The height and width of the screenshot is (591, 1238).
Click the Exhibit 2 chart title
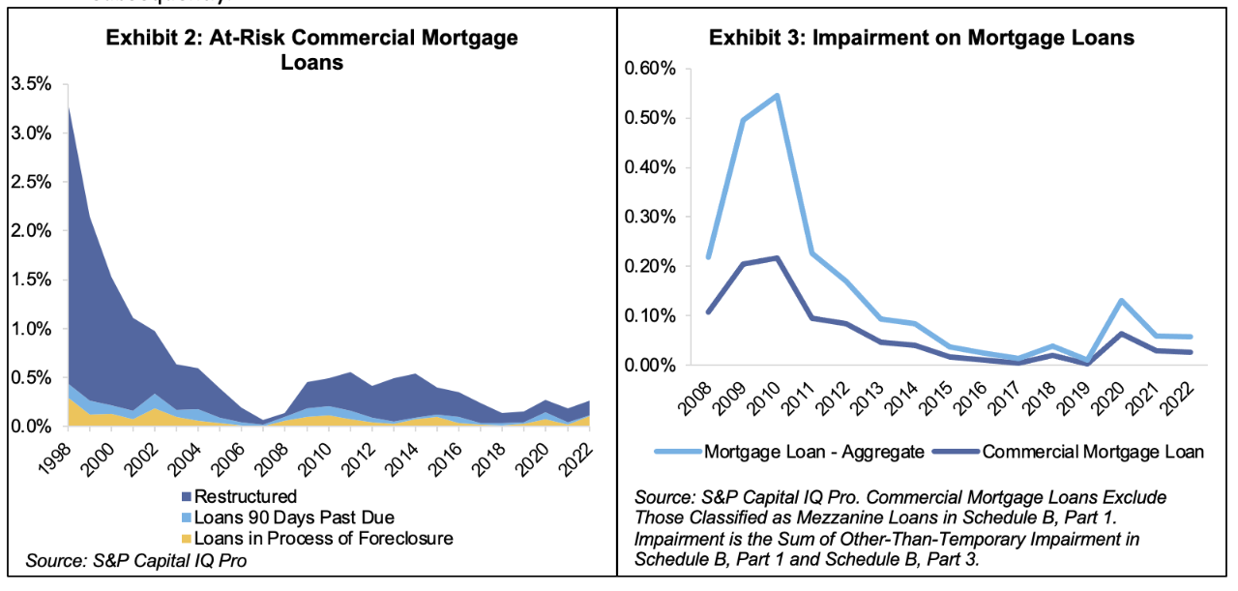point(310,50)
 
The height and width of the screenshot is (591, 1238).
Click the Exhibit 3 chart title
point(921,38)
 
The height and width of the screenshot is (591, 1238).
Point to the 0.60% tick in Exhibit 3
point(651,70)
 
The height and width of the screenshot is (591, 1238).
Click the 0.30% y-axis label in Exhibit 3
point(651,217)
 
